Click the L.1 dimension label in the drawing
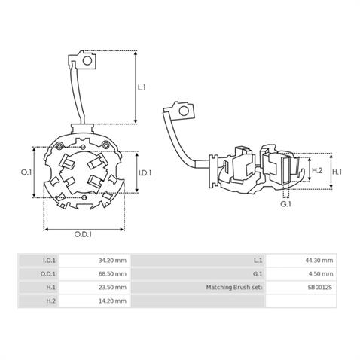coord(142,87)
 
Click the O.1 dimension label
coord(26,172)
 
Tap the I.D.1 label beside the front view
coord(145,172)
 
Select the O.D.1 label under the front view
coord(83,234)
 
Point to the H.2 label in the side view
coord(317,170)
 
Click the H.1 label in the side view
coord(337,172)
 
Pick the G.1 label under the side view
coord(285,204)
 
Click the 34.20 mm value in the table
coord(112,261)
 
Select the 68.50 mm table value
coord(112,273)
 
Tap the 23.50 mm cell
coord(112,287)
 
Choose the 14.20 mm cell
coord(112,301)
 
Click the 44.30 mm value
coord(319,261)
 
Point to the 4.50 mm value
coord(321,273)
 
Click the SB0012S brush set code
coord(320,287)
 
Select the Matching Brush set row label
coord(234,287)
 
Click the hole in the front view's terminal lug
coord(87,60)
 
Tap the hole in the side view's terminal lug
coord(184,111)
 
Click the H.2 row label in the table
coord(51,301)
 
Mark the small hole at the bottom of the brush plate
coord(84,197)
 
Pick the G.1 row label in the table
coord(258,273)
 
